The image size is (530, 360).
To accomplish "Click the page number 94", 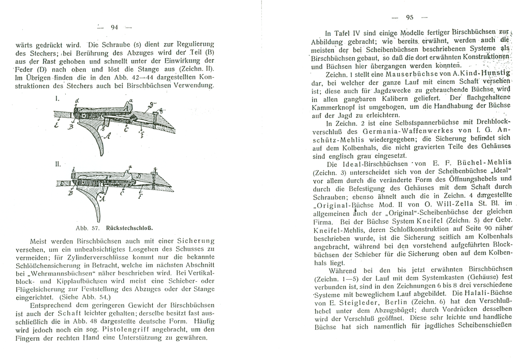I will click(114, 27).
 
